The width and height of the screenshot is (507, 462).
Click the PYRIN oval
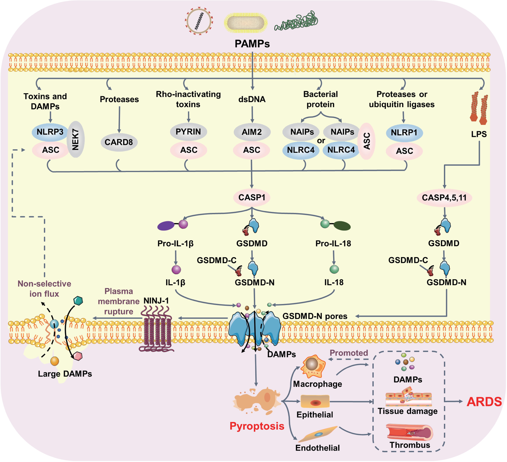coord(188,132)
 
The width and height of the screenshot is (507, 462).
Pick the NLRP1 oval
coord(404,133)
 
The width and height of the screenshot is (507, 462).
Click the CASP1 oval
coord(252,198)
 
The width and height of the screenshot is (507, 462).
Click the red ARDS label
coord(484,402)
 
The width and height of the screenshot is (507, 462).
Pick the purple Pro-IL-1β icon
coord(173,225)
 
